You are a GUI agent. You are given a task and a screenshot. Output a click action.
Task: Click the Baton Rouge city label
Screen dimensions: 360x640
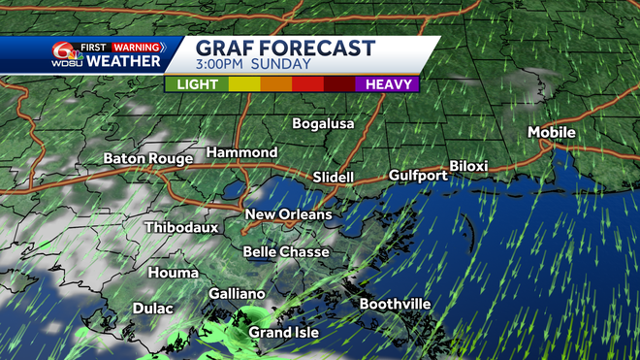click(149, 158)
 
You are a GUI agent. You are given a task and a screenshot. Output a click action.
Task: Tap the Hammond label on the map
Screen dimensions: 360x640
click(241, 153)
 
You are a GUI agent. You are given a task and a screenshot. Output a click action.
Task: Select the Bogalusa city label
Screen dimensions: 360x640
click(324, 124)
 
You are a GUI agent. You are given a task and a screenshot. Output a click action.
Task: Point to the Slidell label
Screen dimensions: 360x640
click(334, 178)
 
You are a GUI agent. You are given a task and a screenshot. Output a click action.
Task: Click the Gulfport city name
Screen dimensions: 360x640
click(418, 176)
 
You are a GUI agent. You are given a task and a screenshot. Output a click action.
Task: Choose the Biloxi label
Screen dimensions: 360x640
click(468, 166)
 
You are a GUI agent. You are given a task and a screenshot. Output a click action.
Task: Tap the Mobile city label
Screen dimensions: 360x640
click(552, 132)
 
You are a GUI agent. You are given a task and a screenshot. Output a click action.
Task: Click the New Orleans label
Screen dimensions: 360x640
click(288, 214)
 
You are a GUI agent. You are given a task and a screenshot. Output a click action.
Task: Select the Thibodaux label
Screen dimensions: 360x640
click(181, 227)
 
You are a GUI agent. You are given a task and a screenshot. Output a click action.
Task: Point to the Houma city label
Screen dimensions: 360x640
click(174, 273)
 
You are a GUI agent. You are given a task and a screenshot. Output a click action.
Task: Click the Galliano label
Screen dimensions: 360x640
click(237, 293)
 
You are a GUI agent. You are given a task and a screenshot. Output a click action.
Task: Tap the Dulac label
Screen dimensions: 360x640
click(152, 309)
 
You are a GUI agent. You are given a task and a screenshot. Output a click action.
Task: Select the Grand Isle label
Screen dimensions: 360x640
click(279, 333)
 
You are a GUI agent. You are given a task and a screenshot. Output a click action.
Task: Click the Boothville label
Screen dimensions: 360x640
click(395, 304)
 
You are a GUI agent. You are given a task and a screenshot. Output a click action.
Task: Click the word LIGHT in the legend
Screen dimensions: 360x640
click(197, 84)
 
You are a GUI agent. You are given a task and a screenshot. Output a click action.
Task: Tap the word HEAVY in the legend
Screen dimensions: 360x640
click(386, 84)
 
